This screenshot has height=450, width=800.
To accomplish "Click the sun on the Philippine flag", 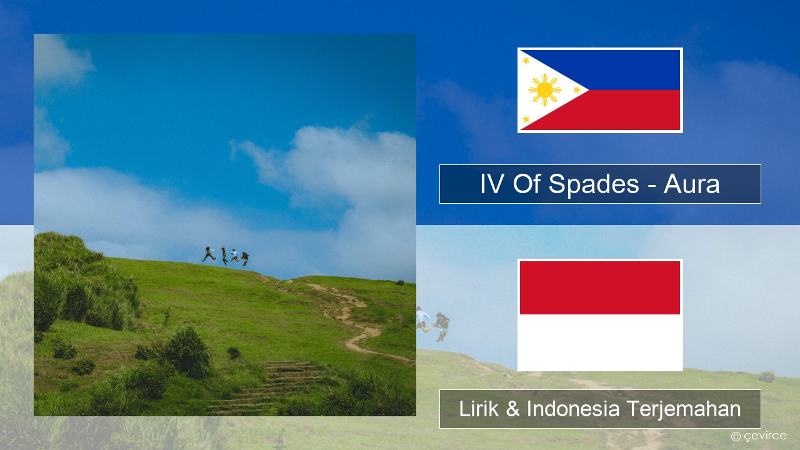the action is (x=544, y=90).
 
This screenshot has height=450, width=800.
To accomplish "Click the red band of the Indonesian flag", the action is (x=600, y=287).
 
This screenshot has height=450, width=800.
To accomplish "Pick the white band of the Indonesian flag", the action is (x=600, y=342).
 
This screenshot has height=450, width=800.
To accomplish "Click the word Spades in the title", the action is (x=594, y=184).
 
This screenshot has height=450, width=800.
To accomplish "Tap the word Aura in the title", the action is (x=691, y=184).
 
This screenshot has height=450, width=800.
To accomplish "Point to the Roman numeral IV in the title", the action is (x=492, y=184).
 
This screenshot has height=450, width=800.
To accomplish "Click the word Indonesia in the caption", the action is (x=573, y=409).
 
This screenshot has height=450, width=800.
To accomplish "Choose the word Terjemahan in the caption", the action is (x=684, y=409).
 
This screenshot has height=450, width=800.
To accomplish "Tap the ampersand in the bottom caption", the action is (x=513, y=409).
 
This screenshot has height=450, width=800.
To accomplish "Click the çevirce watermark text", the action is (x=764, y=436).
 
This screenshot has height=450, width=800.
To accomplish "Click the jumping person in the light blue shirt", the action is (x=234, y=256).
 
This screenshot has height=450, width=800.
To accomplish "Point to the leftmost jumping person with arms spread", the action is (x=208, y=254).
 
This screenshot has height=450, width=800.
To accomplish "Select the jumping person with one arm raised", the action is (x=224, y=255).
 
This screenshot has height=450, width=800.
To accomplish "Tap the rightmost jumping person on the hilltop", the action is (x=244, y=258).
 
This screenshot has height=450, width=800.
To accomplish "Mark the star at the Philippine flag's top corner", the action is (x=526, y=61).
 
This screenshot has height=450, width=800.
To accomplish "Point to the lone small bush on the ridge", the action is (x=400, y=282).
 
